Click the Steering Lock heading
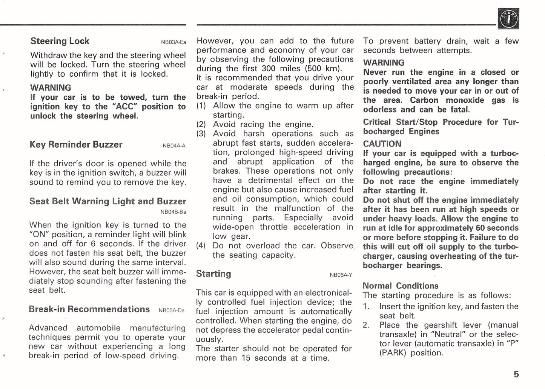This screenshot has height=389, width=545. point(60,41)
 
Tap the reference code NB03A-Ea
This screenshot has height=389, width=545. point(173,42)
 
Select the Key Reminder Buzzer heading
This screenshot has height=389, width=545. point(76,145)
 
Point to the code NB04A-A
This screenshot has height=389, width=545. point(174,146)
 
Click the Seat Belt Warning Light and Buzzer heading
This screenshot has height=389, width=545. point(107,201)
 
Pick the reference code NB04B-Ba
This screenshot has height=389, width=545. point(173,212)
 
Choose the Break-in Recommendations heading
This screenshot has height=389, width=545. point(89,309)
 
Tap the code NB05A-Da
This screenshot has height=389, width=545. point(172,311)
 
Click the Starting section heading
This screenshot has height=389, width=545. point(213,274)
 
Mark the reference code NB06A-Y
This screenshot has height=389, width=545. point(341,275)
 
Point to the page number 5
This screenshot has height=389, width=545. point(516,374)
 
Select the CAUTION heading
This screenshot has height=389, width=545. point(382,144)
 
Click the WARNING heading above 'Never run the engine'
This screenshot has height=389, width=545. point(384,63)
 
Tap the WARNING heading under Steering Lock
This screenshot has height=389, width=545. point(51,88)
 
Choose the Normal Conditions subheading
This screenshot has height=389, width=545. point(400,286)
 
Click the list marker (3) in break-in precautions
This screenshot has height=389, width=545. point(201,134)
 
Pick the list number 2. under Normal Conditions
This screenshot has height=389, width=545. point(366,325)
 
